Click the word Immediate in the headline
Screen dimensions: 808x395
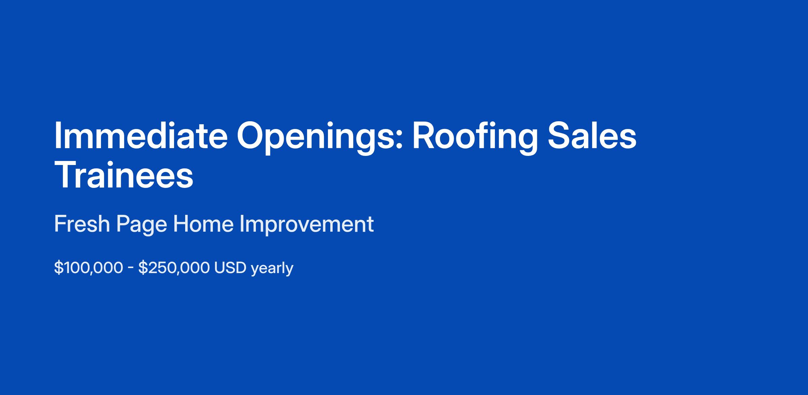click(x=141, y=135)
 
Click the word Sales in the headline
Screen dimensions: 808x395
click(x=592, y=135)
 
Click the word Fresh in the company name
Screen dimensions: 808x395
click(x=82, y=224)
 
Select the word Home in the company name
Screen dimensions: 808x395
click(x=203, y=224)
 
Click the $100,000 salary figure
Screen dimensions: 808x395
click(x=89, y=268)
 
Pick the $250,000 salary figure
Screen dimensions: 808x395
click(x=174, y=268)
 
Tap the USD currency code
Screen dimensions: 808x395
click(x=230, y=268)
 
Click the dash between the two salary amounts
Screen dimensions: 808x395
click(x=131, y=269)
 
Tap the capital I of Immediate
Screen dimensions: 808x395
click(x=57, y=135)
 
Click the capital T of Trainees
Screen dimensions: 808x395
click(x=66, y=175)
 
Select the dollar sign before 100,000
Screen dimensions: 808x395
click(x=59, y=268)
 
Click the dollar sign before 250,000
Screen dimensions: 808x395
click(x=143, y=268)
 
